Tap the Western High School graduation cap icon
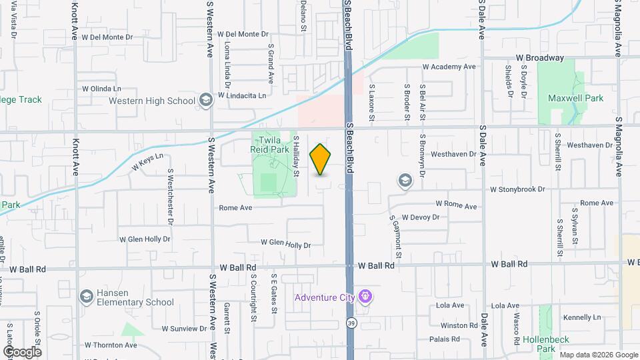[x=206, y=101]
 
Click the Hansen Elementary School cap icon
[x=86, y=296]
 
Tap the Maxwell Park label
[x=575, y=98]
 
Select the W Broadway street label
[x=539, y=59]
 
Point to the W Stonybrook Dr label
[x=517, y=189]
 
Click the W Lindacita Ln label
[x=239, y=95]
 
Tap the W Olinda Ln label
[x=102, y=89]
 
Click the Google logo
[x=22, y=352]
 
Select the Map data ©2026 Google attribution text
[x=598, y=355]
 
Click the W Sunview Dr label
[x=184, y=329]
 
